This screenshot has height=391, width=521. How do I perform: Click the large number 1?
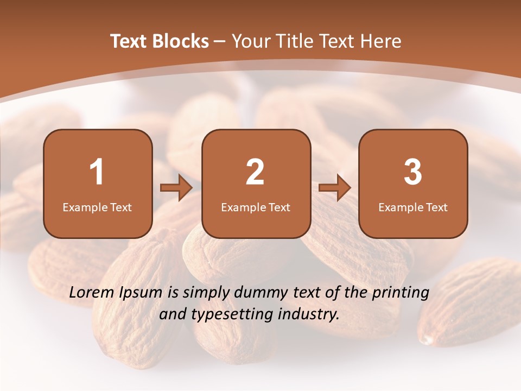[97, 172]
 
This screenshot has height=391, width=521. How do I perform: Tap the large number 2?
[255, 172]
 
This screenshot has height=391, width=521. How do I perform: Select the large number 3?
[413, 172]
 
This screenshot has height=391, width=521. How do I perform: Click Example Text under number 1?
[97, 207]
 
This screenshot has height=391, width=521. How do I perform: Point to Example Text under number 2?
[256, 207]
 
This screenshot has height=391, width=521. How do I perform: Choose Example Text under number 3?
[413, 207]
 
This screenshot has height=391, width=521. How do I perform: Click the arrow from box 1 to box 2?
[176, 188]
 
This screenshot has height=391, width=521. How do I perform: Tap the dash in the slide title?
[220, 42]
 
